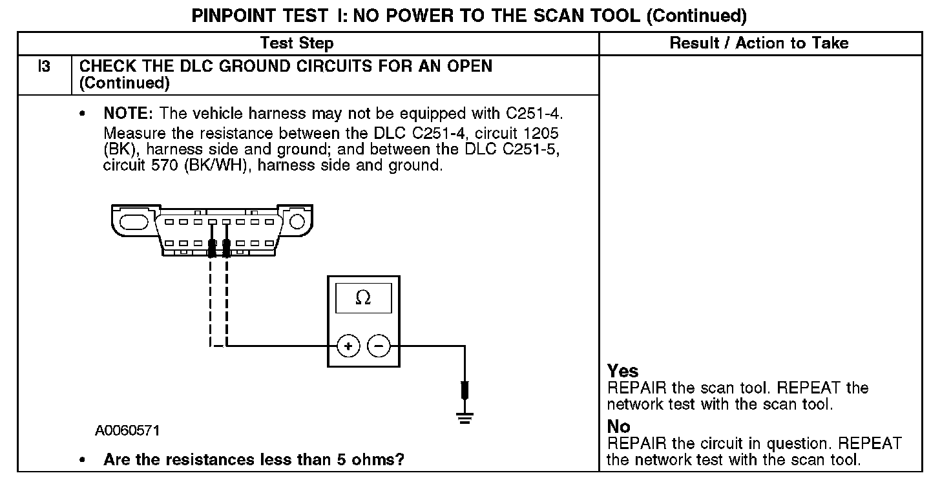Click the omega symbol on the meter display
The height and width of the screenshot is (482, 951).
[x=363, y=298]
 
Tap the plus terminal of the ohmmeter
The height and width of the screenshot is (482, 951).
[x=348, y=346]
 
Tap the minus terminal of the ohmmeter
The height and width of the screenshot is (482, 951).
[x=379, y=346]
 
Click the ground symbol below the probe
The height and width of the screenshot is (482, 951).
[x=464, y=417]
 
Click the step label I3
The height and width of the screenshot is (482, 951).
[x=44, y=66]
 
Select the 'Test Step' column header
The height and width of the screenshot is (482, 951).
[x=297, y=43]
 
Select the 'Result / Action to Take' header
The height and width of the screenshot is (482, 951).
[x=759, y=43]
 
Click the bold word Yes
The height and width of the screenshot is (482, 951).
[x=623, y=371]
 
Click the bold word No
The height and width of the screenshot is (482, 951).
[x=618, y=426]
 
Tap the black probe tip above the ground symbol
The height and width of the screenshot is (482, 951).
[x=464, y=390]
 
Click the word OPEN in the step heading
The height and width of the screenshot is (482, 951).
[x=467, y=66]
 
